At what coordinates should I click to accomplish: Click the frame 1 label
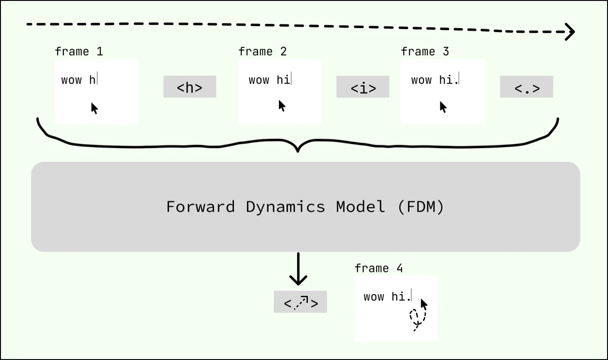(x=79, y=52)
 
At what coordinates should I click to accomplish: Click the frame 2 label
(x=262, y=52)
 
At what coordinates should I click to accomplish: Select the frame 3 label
(x=425, y=52)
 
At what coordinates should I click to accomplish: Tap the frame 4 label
(x=378, y=268)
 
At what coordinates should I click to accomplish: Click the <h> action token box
(x=189, y=87)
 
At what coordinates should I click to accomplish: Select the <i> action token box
(x=363, y=87)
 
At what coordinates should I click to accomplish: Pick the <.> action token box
(x=526, y=87)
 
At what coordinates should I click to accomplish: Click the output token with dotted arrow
(x=300, y=302)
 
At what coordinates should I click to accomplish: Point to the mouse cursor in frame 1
(x=94, y=108)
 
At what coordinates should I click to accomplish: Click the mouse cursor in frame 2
(x=282, y=106)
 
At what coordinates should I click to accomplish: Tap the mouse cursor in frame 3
(x=443, y=107)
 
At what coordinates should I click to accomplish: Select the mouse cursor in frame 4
(x=424, y=304)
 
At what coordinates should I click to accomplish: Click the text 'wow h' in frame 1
(x=79, y=80)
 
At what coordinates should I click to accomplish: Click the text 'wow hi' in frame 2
(x=269, y=80)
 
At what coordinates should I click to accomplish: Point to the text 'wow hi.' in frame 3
(x=434, y=80)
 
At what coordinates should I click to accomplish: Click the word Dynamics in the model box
(x=285, y=207)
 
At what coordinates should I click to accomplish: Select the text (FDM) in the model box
(x=420, y=207)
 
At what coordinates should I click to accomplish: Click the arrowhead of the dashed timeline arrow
(x=570, y=32)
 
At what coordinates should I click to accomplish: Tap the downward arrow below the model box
(x=298, y=270)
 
